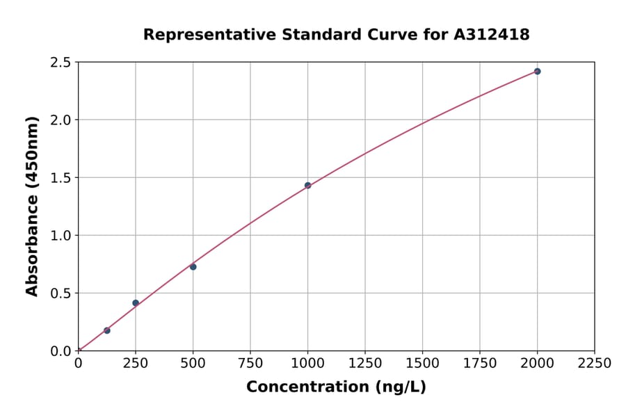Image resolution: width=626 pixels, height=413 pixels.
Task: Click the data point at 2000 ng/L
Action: coord(537,72)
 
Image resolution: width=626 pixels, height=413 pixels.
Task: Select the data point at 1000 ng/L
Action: coord(307,186)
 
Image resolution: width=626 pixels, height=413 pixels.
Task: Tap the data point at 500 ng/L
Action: coord(193,267)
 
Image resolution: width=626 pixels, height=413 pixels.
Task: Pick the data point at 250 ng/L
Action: coord(136,303)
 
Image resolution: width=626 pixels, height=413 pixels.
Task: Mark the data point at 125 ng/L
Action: coord(106,330)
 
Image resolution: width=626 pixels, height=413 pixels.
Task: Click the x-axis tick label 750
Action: coord(250,364)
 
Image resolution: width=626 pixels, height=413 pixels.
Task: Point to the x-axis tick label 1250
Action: coord(365,364)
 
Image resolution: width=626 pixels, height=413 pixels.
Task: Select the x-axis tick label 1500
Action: coord(422,364)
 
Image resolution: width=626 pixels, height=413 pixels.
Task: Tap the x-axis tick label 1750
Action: coord(480,364)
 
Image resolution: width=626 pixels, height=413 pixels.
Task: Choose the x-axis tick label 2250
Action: coord(595,364)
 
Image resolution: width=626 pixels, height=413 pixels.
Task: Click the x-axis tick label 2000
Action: coord(537,364)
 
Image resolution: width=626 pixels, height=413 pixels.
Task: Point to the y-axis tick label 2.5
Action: coord(61,63)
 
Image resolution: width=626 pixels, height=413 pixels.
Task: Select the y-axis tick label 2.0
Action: coord(61,120)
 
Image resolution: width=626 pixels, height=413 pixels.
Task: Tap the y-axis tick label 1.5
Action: coord(61,178)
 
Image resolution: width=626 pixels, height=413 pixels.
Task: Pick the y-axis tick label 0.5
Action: coord(61,293)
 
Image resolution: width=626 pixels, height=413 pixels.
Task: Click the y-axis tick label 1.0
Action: coord(61,236)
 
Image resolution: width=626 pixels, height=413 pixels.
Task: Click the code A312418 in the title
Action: coord(492,34)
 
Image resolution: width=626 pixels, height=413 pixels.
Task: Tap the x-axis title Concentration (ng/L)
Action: coord(336,387)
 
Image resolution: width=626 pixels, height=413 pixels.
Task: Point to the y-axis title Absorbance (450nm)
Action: coord(32,206)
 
